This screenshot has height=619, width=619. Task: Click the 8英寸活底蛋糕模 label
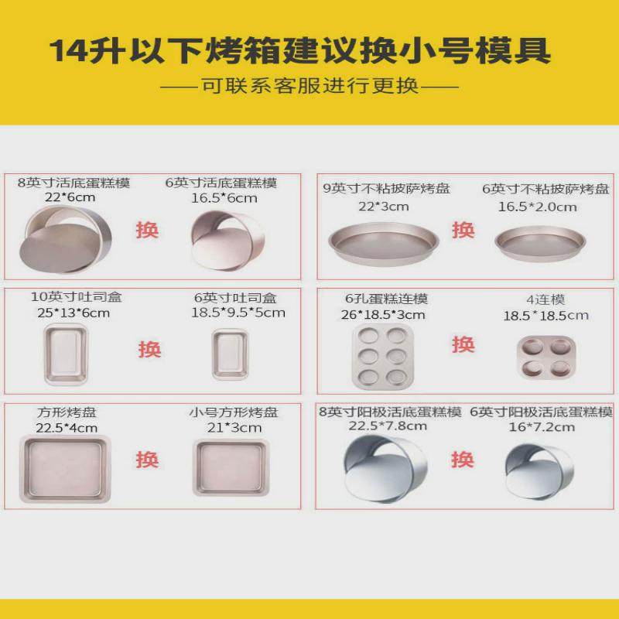click(74, 183)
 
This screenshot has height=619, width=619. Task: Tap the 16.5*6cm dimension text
click(224, 198)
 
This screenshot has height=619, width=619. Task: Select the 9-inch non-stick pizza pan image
click(383, 241)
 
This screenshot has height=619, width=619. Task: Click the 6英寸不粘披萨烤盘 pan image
click(540, 242)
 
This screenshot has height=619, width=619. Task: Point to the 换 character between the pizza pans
click(463, 229)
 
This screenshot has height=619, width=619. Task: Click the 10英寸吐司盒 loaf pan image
click(65, 354)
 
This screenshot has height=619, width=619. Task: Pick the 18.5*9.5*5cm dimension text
click(238, 313)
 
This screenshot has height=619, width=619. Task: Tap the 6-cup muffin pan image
click(379, 357)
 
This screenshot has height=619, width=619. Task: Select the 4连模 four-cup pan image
click(546, 357)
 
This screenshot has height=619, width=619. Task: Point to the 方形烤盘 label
click(67, 412)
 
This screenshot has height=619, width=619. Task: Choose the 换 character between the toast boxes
click(149, 349)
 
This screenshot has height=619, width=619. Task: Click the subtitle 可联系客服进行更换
click(309, 86)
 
